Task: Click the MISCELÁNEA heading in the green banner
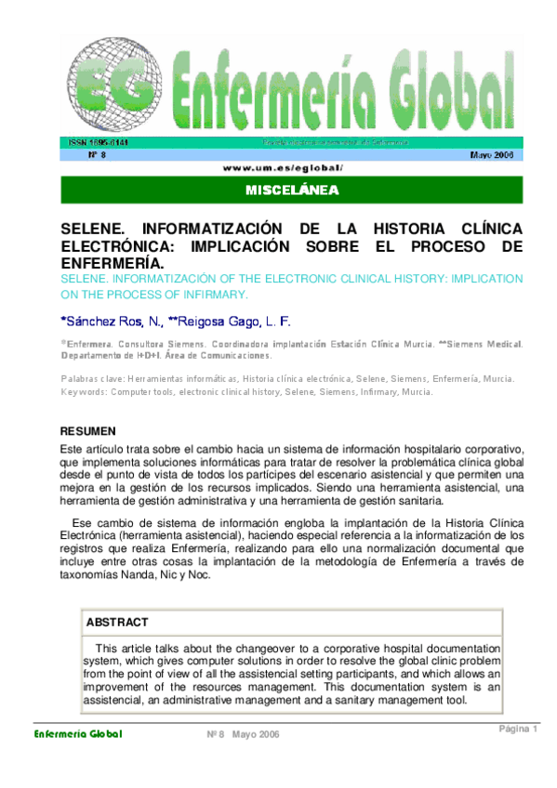291,190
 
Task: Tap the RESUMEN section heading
88,431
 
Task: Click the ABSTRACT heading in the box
116,622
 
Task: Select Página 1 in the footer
518,729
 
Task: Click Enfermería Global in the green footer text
78,734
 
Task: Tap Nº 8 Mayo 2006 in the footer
243,735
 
